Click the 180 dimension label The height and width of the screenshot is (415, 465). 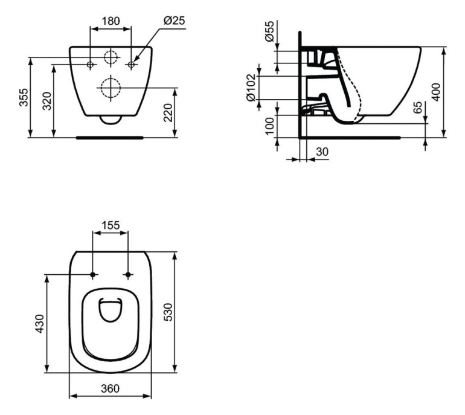point(111,21)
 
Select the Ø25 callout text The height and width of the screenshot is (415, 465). point(174,21)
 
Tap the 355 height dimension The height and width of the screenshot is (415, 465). point(24,97)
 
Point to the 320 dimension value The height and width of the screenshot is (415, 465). point(47,101)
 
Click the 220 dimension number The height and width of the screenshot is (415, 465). point(168,112)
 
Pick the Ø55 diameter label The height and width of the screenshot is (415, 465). point(269,31)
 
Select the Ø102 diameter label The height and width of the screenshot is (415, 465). point(251,88)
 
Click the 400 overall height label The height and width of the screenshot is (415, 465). point(435,92)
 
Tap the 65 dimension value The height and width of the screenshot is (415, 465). point(417,107)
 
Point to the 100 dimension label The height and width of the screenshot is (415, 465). point(269,126)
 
